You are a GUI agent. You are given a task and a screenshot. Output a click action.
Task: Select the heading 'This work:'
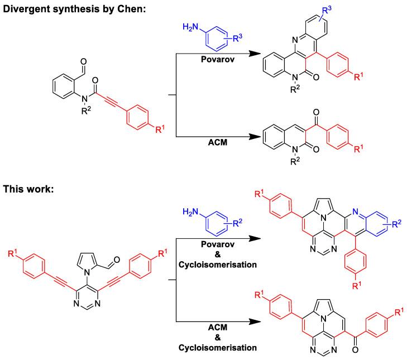[x=27, y=190]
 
